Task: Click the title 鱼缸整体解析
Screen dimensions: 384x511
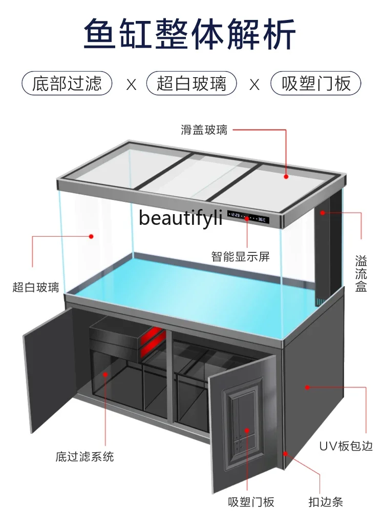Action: coord(190,35)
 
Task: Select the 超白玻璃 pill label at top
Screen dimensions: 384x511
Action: coord(191,83)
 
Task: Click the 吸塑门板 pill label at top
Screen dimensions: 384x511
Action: coord(317,83)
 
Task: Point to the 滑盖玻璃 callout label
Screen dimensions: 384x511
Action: coord(204,129)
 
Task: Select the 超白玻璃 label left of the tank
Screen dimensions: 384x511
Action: coord(36,287)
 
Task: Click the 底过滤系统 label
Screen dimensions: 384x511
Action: coord(85,456)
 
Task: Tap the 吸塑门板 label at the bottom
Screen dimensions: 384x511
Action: coord(248,501)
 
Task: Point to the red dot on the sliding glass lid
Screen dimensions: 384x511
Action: coord(287,177)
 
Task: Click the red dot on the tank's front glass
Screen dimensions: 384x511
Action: coord(91,236)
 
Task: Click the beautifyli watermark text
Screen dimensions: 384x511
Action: coord(181,219)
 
